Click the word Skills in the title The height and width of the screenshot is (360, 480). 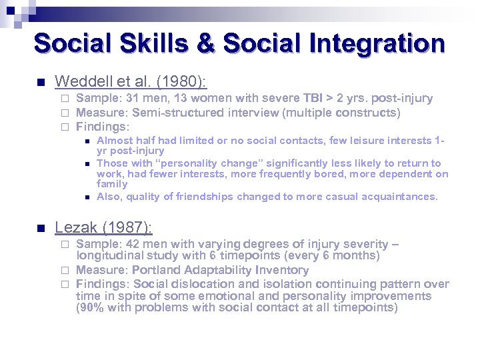click(142, 43)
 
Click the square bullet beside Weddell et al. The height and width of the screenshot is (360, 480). click(39, 83)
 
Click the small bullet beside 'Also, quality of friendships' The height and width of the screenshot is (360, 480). click(87, 197)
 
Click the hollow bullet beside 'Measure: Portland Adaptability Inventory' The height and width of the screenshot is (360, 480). click(65, 271)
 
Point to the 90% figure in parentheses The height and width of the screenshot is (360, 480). click(91, 308)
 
